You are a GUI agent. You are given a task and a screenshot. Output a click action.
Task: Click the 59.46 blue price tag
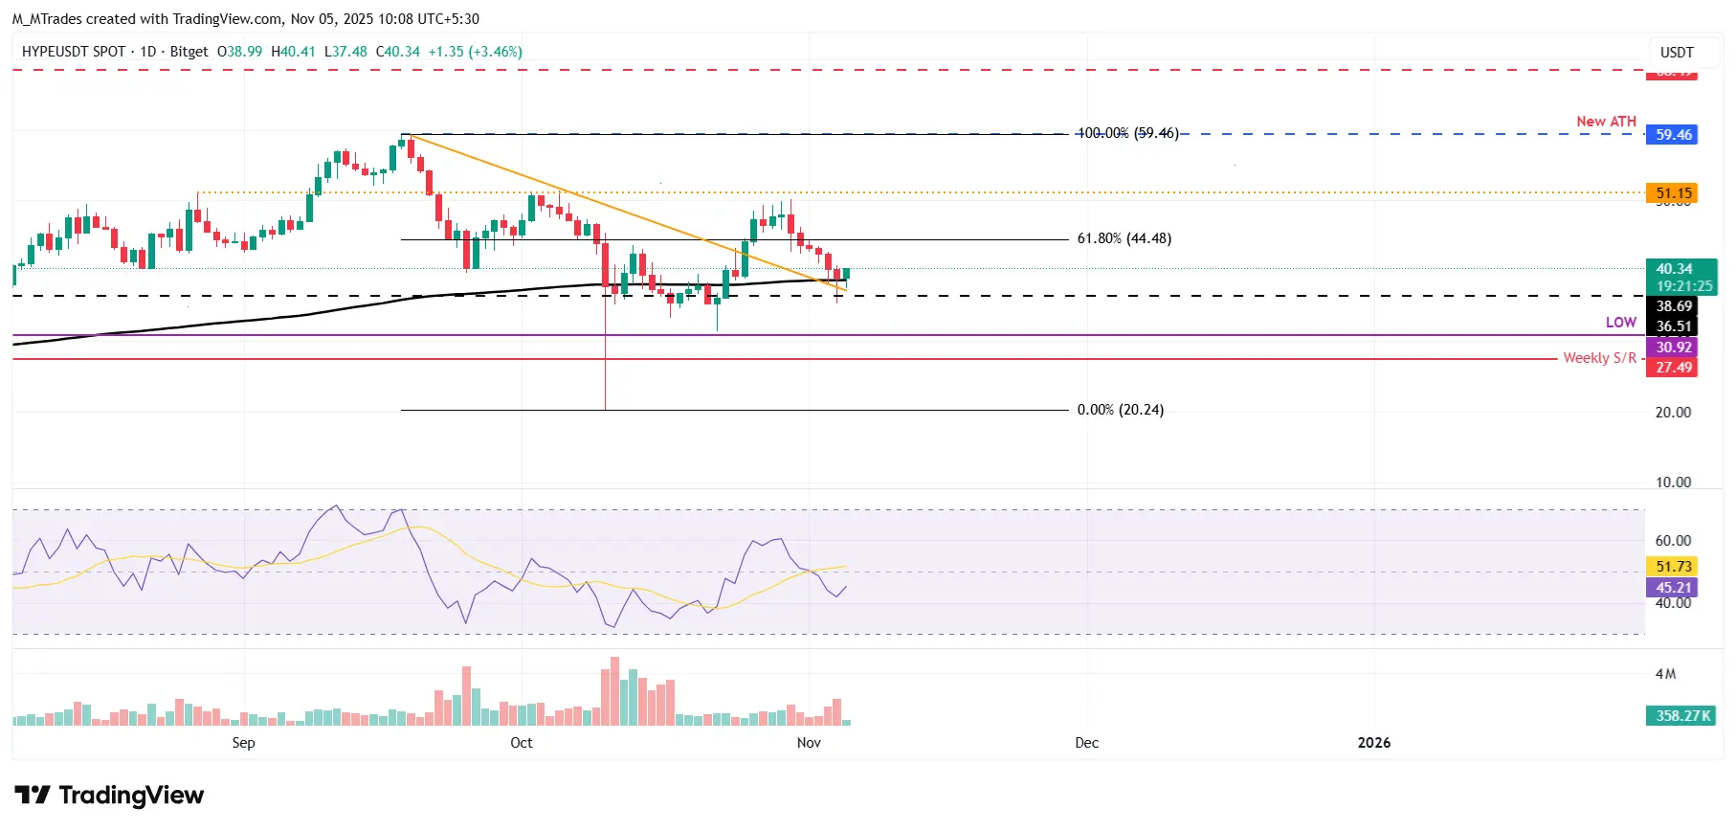1672,135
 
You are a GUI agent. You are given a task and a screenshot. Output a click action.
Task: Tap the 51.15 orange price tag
1672,193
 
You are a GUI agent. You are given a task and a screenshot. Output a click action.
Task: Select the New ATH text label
1606,122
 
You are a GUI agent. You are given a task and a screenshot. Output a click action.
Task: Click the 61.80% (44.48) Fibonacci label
1124,238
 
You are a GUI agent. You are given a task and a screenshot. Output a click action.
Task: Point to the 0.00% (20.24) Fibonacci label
1120,410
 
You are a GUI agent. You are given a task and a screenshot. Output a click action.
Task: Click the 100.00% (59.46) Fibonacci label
1127,133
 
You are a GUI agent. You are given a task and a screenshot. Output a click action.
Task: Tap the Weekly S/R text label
1599,358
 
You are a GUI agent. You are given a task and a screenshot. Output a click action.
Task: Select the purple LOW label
1620,323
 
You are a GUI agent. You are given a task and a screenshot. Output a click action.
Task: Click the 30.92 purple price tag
1672,348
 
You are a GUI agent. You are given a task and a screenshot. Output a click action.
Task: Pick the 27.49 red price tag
1672,368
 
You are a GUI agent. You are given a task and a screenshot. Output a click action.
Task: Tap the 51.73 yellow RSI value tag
1672,567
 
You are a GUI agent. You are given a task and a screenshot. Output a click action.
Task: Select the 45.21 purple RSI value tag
1672,588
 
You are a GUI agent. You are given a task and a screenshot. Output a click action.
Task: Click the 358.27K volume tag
1681,716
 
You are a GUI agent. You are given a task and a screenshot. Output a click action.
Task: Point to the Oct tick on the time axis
522,743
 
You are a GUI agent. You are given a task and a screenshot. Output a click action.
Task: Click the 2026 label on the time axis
1373,743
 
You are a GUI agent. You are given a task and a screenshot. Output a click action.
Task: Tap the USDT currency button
1676,53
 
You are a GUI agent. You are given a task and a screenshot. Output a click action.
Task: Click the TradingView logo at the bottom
109,796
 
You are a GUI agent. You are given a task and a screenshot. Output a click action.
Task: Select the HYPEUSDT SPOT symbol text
74,52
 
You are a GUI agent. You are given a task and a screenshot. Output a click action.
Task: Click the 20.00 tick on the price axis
1673,413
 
